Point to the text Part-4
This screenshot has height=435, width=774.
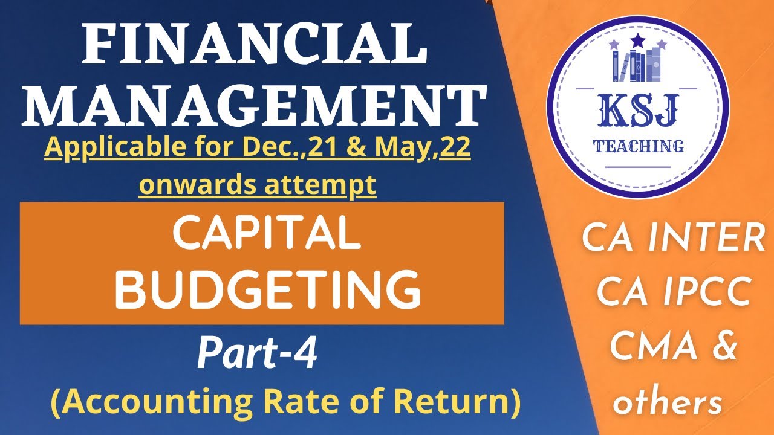coord(257,355)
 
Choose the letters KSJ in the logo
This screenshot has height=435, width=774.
coord(638,112)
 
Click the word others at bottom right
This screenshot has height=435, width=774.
coord(668,402)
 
